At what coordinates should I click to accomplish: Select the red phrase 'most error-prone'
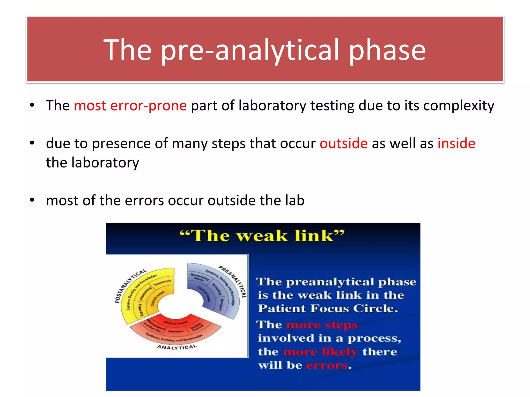click(x=130, y=106)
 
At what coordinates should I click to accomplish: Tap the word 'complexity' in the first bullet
click(x=459, y=106)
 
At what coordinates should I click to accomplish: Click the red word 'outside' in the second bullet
click(x=343, y=143)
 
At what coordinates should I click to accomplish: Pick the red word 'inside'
click(x=456, y=143)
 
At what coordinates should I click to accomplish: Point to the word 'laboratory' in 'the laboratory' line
click(x=105, y=163)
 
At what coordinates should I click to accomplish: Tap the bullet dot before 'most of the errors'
click(x=32, y=200)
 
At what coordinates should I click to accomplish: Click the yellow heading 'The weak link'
click(x=262, y=236)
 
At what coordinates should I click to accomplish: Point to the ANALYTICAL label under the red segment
click(x=177, y=347)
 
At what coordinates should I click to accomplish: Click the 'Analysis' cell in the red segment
click(x=176, y=331)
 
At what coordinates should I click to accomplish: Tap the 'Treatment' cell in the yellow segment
click(x=162, y=283)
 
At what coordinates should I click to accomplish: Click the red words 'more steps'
click(x=322, y=325)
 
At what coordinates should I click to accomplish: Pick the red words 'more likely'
click(x=320, y=352)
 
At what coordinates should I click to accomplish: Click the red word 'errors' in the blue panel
click(x=327, y=365)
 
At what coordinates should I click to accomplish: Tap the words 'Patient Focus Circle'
click(x=328, y=309)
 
